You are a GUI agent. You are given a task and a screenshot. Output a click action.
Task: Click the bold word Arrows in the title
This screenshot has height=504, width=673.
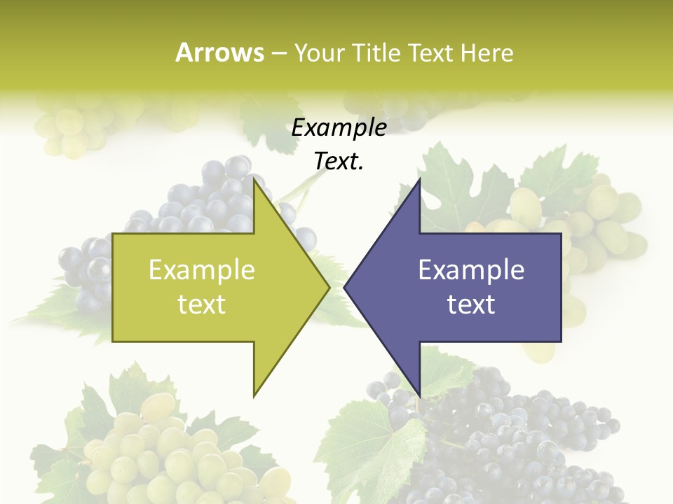[219, 52]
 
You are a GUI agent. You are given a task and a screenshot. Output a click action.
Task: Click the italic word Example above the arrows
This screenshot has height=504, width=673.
[339, 127]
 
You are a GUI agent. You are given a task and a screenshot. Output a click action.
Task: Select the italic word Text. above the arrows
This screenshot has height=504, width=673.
[339, 161]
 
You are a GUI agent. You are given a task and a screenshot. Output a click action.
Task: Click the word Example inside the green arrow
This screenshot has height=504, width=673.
[202, 269]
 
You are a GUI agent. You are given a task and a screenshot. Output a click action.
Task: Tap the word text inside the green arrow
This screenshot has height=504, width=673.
[202, 304]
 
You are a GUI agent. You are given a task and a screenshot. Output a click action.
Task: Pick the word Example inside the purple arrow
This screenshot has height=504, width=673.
[471, 269]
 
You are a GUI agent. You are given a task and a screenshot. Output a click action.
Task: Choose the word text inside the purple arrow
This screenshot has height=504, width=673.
[471, 304]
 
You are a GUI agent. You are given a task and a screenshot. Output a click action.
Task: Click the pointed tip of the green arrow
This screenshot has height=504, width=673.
[329, 287]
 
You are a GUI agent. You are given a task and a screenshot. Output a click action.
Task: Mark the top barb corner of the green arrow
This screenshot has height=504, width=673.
[254, 180]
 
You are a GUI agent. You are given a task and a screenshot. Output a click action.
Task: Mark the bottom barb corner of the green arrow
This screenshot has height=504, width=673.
[254, 395]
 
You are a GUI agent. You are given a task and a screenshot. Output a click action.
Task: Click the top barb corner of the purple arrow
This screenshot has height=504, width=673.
[419, 180]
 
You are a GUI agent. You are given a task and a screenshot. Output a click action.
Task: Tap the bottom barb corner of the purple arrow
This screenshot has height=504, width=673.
[419, 395]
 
